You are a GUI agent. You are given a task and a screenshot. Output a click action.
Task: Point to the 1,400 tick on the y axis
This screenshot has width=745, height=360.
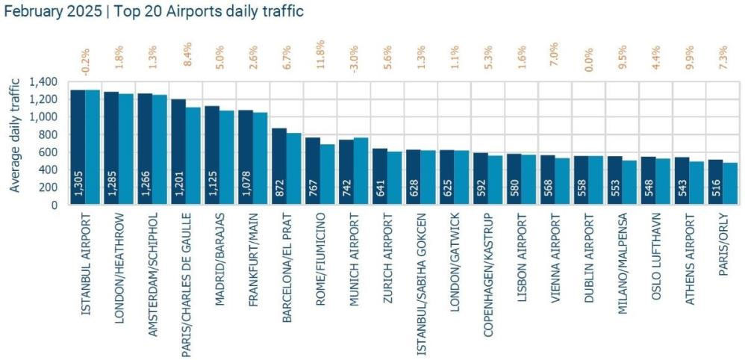(x=46, y=81)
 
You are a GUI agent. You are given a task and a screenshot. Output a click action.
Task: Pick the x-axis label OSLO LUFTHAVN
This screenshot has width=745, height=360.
(x=656, y=257)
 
